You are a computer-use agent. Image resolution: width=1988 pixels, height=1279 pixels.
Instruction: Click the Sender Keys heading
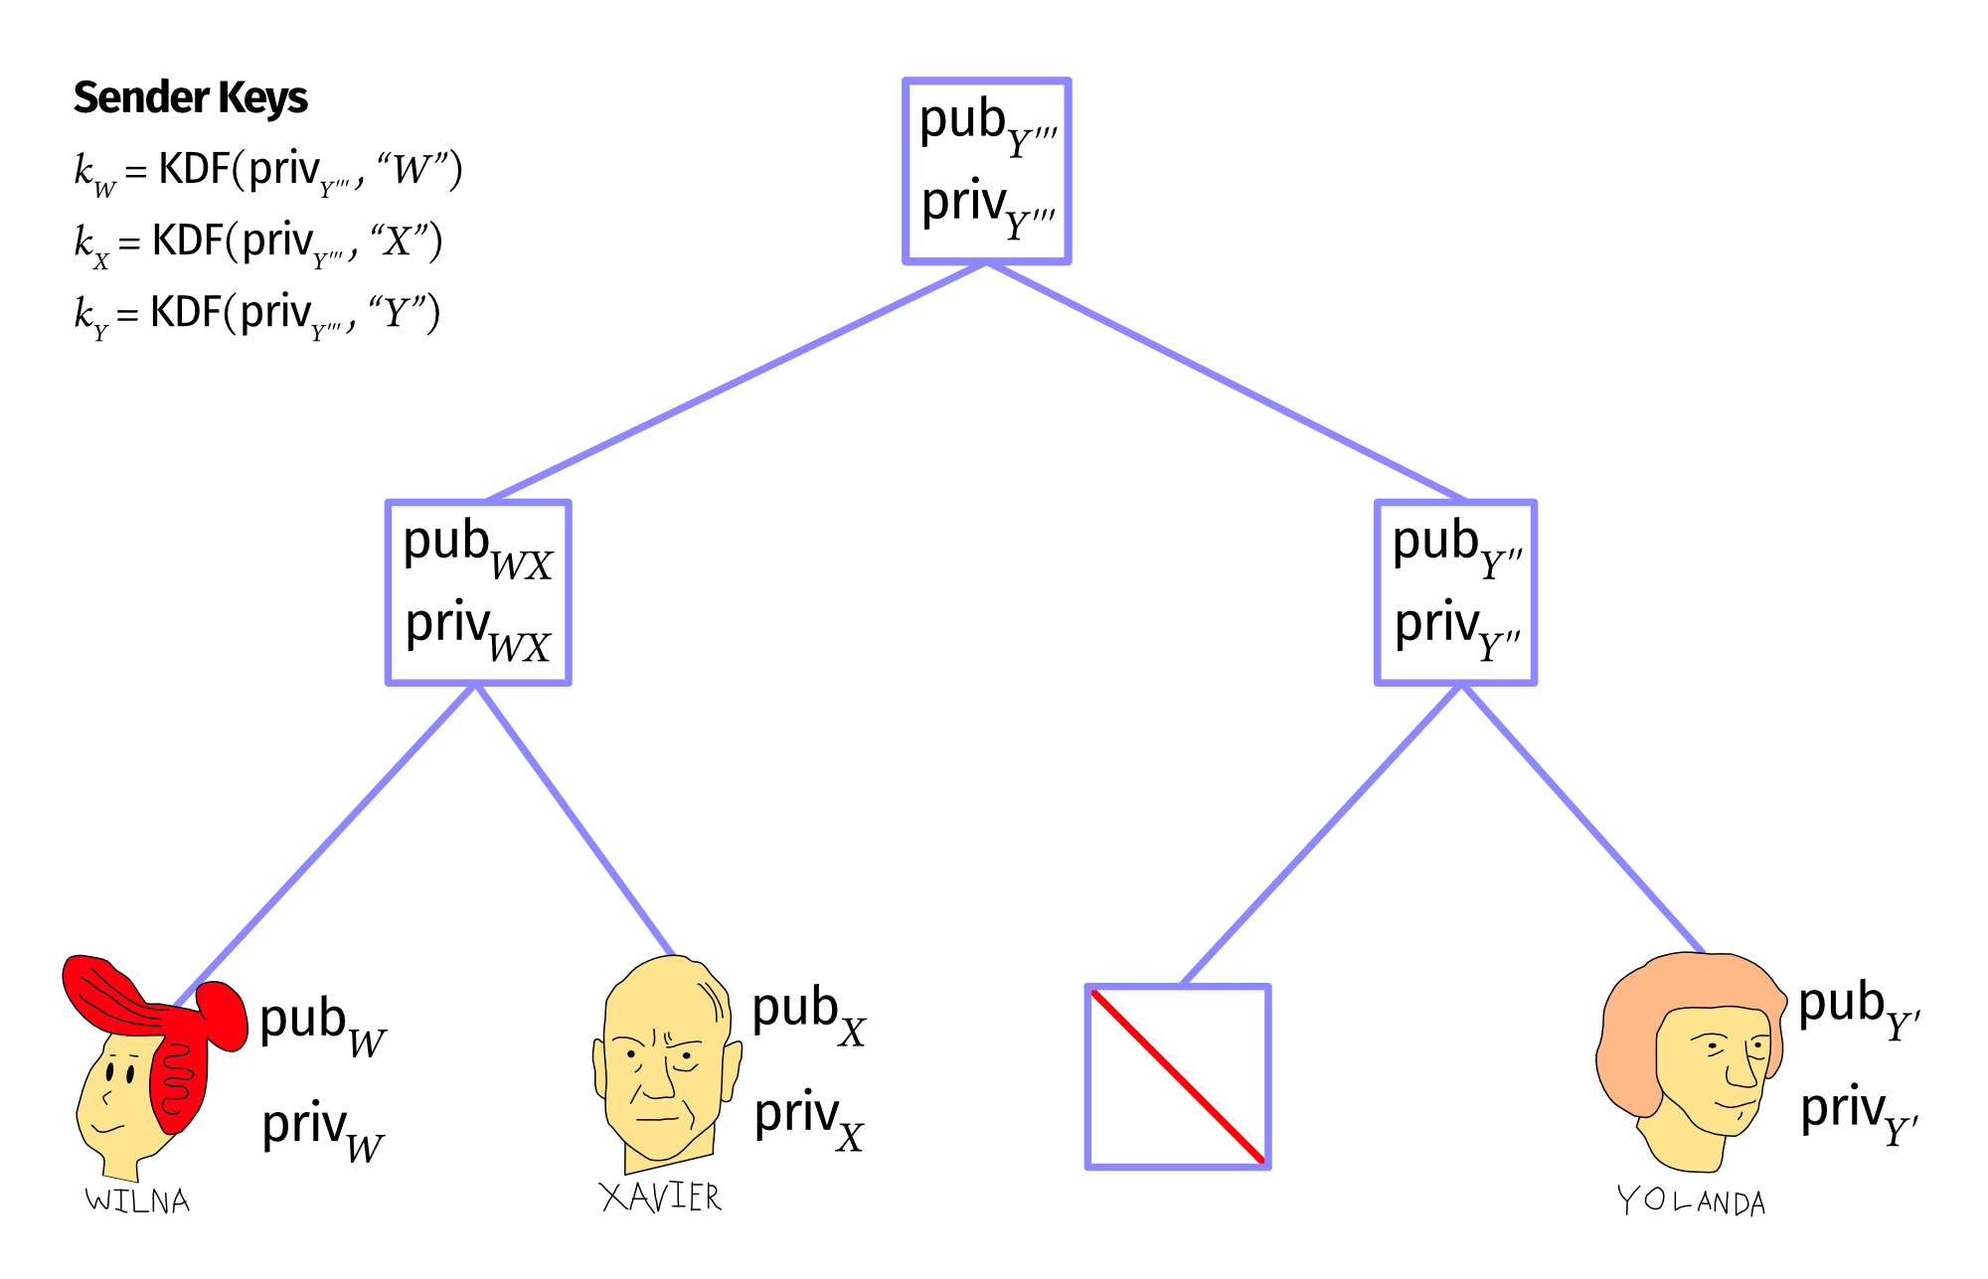tap(190, 97)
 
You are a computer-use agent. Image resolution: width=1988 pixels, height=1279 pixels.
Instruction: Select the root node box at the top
tap(986, 171)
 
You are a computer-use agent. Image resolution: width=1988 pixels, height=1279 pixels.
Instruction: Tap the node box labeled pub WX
tap(477, 592)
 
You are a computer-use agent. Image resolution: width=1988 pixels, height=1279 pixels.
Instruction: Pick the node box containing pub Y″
tap(1455, 592)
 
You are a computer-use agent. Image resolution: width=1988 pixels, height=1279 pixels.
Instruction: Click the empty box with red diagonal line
tap(1178, 1076)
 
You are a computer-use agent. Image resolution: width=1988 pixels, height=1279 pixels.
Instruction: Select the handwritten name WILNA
tap(137, 1200)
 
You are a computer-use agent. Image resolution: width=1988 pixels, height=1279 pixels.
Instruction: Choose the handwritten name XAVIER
tap(661, 1197)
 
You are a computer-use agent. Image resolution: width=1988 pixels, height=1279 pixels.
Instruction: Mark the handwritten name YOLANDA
tap(1691, 1201)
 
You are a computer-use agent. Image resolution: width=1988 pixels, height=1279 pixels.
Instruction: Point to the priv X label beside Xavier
tap(808, 1118)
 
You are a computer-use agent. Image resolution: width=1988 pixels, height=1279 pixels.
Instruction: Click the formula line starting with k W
tap(268, 171)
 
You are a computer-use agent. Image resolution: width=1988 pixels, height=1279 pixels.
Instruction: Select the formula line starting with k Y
tap(256, 314)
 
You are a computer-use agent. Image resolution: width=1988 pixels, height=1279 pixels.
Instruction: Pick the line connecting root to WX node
tap(736, 382)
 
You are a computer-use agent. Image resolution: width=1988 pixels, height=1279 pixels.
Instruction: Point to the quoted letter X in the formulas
tap(398, 240)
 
